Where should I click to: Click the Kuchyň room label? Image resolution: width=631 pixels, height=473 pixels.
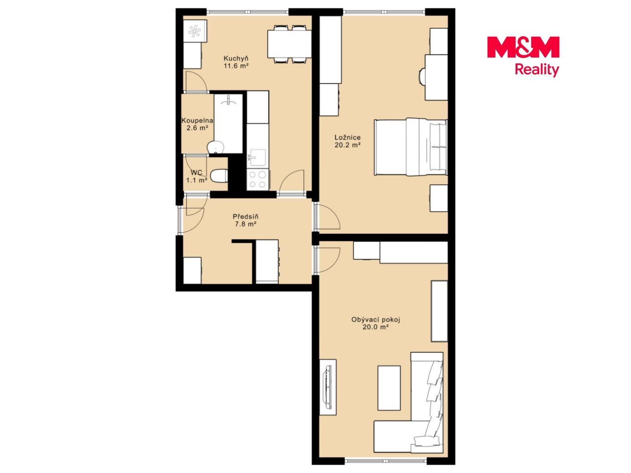point(236,58)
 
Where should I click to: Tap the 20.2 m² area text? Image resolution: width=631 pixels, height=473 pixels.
point(347,145)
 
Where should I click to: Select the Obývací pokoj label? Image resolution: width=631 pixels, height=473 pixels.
point(375,319)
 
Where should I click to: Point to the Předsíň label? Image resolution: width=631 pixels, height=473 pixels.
point(246,217)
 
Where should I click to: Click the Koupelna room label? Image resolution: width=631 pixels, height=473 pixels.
point(197,120)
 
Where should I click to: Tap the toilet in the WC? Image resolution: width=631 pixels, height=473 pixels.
point(219,176)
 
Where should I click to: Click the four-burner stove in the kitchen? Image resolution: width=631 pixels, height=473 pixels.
point(258,179)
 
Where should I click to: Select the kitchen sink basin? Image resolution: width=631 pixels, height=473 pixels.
point(258,157)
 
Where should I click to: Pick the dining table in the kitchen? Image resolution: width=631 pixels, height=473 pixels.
point(289,44)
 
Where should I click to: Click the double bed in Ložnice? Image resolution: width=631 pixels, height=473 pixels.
point(411,147)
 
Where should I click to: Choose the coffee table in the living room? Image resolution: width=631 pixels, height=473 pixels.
point(389,388)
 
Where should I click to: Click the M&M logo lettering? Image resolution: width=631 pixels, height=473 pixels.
point(523,47)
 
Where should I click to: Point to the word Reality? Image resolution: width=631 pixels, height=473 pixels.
point(537,70)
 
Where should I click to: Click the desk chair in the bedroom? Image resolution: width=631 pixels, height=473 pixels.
point(422,76)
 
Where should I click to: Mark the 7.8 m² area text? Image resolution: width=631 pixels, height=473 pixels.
point(246,224)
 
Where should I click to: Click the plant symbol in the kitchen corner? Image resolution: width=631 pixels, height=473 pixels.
point(195,31)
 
